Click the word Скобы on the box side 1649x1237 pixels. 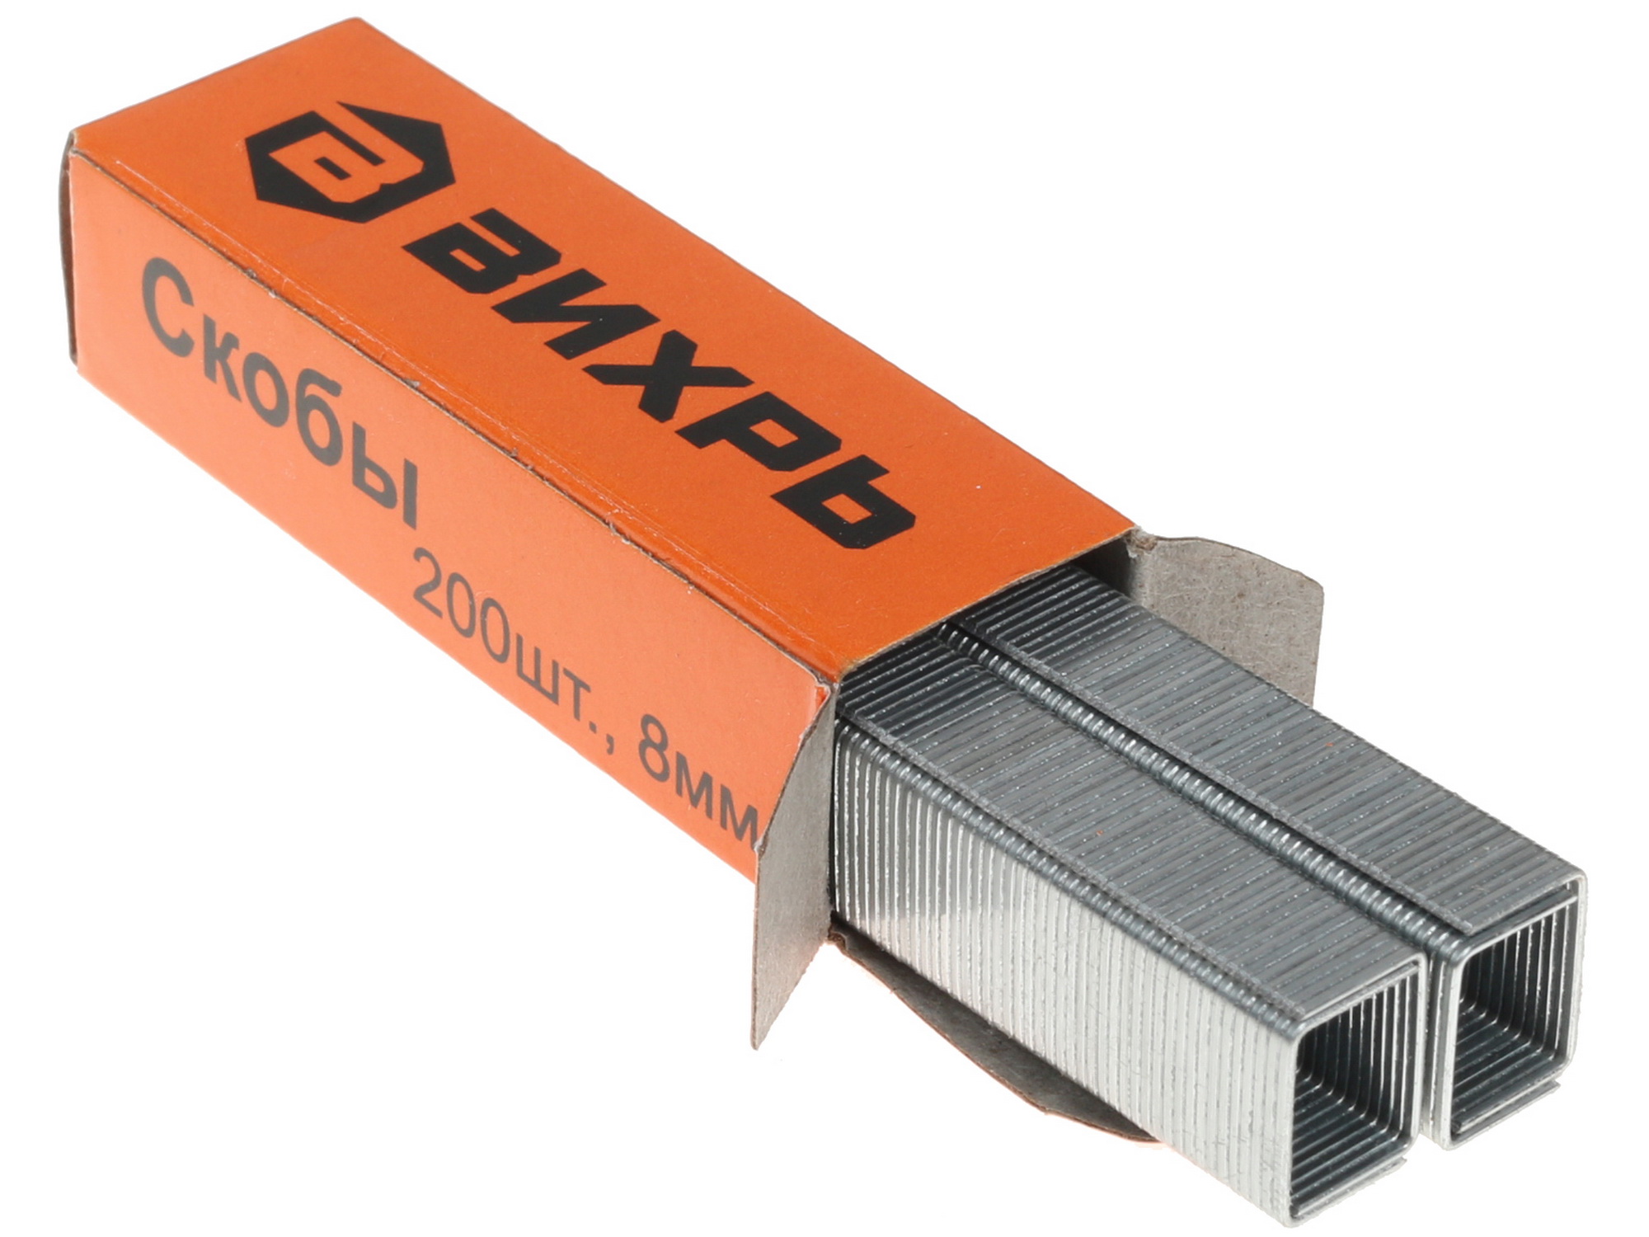coord(280,397)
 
